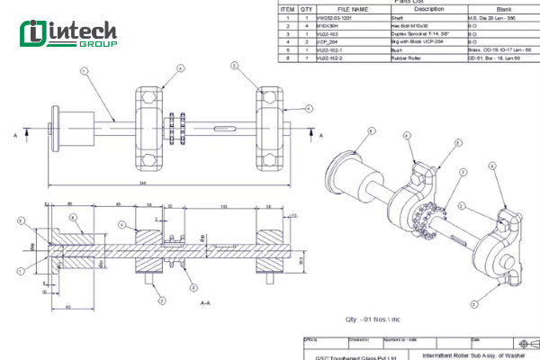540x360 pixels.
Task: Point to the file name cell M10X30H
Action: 328,25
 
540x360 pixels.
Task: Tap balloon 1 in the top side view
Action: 84,71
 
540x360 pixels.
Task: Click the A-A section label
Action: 205,303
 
